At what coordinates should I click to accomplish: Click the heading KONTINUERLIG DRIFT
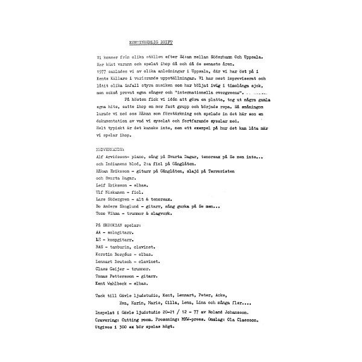(x=151, y=43)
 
